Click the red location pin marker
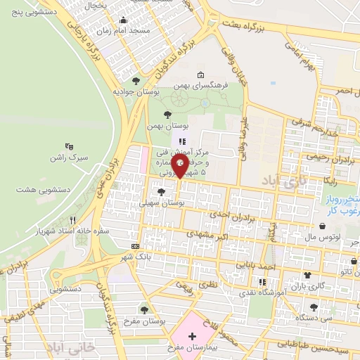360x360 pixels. [x=180, y=165]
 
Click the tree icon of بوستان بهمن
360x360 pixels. [x=167, y=114]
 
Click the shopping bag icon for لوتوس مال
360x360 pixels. [x=322, y=226]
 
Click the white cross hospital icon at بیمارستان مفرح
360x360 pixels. [x=192, y=337]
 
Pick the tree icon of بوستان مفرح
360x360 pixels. [x=144, y=310]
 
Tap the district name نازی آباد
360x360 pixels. [x=285, y=182]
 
